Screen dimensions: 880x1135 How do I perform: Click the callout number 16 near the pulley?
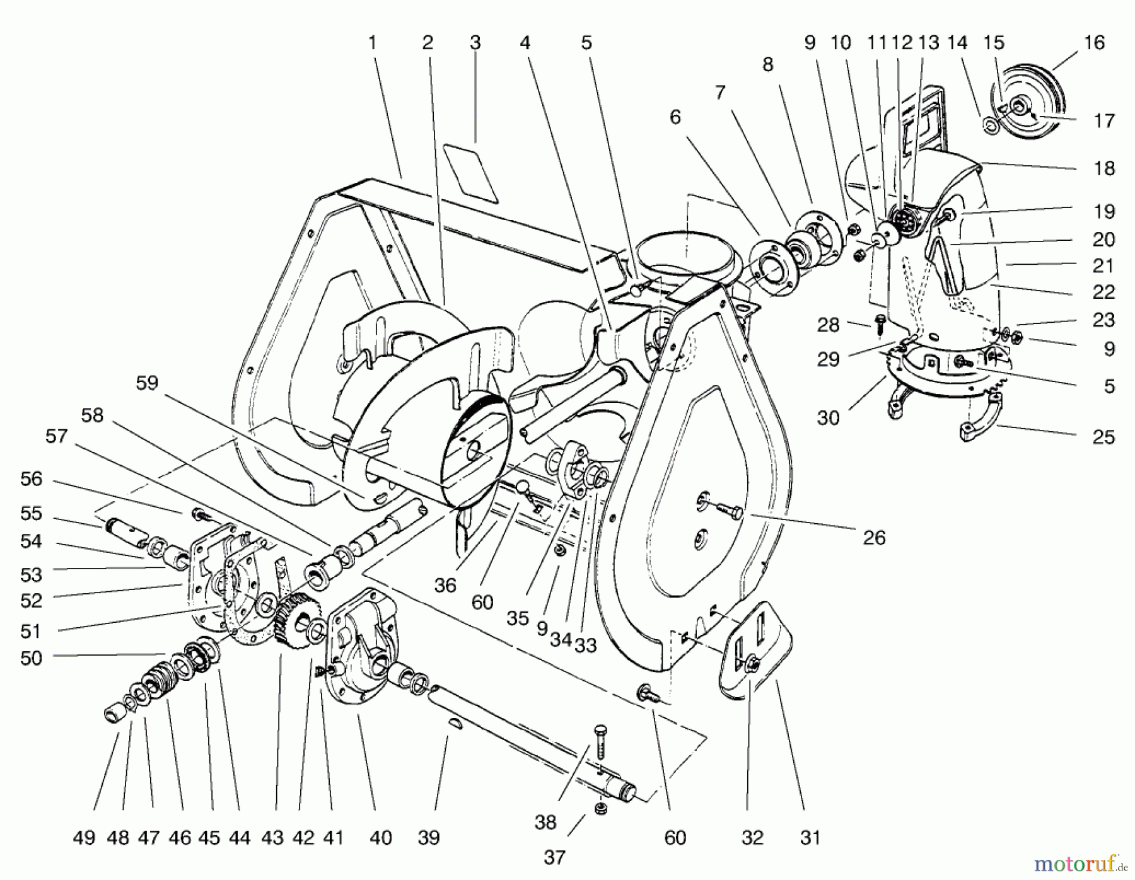[x=1094, y=43]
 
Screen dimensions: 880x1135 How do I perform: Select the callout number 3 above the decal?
[x=475, y=43]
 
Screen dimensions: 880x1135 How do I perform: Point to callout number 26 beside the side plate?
[x=874, y=538]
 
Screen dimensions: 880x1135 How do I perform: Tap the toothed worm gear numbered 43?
[x=296, y=621]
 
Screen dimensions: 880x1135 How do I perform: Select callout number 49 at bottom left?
[x=84, y=838]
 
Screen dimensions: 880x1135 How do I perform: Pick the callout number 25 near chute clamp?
[x=1103, y=437]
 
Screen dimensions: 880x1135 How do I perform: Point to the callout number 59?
[x=147, y=383]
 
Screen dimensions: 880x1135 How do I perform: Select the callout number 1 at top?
[x=372, y=43]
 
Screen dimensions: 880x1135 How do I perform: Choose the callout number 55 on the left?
[x=31, y=513]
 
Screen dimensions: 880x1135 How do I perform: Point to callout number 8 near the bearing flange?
[x=767, y=64]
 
